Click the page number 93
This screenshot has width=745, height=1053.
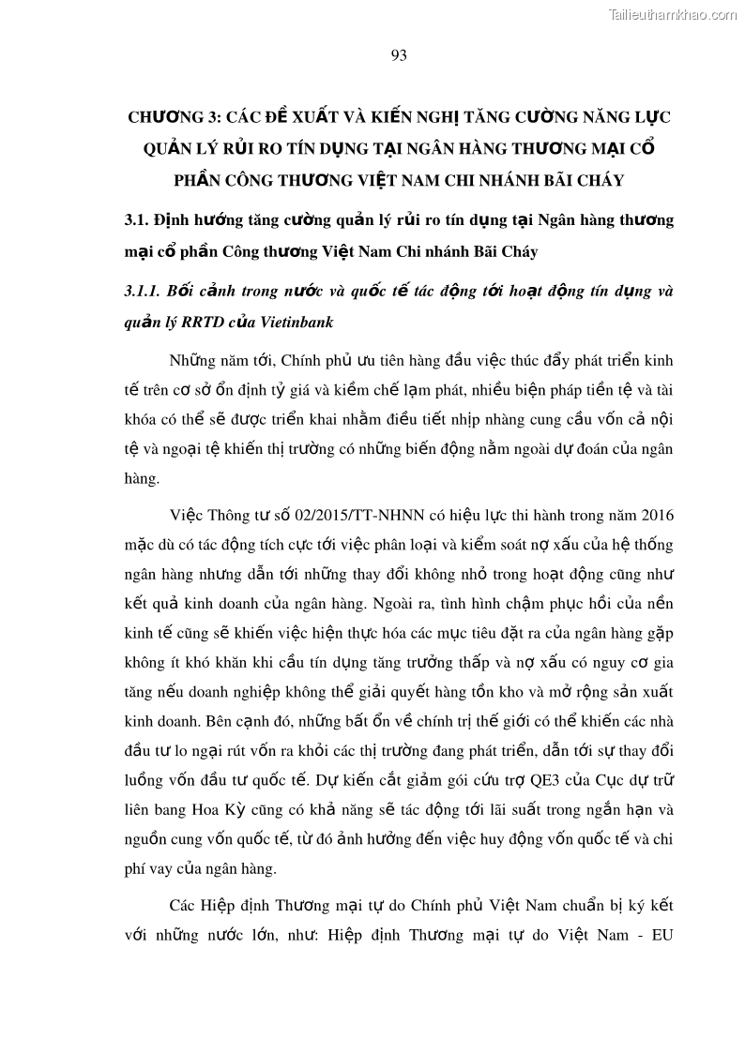tap(398, 55)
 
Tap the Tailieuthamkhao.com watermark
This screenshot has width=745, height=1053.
tap(674, 14)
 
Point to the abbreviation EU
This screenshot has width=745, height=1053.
tap(662, 937)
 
